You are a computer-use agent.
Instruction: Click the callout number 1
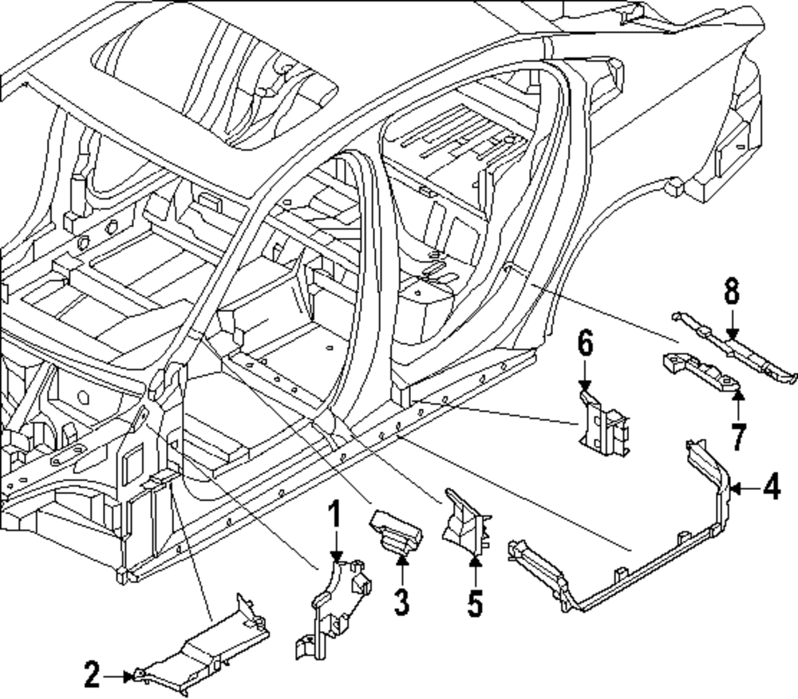335,517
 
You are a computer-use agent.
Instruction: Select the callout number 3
401,600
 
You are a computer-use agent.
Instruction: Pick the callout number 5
475,602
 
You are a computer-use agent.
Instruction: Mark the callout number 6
585,346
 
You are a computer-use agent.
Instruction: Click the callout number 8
732,292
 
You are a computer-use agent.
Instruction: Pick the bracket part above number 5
467,519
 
